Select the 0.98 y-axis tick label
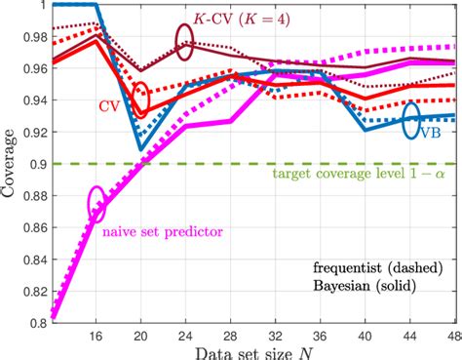tap(29, 37)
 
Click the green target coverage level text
tap(352, 178)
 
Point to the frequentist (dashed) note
tap(369, 265)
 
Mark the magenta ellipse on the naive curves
tap(96, 203)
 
